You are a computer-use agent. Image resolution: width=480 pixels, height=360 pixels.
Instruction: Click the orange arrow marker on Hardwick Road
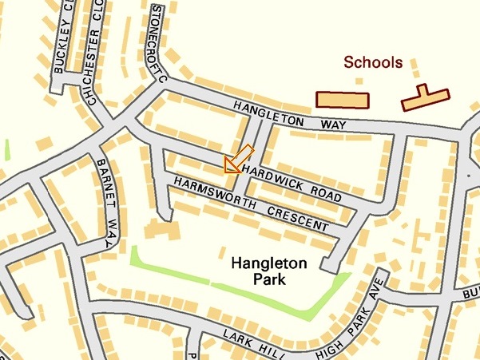click(238, 159)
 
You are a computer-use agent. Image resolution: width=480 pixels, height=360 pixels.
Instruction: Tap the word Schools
click(373, 61)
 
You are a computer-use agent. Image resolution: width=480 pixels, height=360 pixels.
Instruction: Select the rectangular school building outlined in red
click(343, 99)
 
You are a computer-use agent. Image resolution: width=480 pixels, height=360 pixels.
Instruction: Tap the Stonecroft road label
click(158, 44)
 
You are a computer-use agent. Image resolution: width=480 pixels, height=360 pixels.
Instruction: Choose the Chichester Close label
click(91, 52)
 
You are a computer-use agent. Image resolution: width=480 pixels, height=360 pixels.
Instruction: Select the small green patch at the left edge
click(6, 149)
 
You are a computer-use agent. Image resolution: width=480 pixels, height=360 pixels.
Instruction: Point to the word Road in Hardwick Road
click(323, 192)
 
